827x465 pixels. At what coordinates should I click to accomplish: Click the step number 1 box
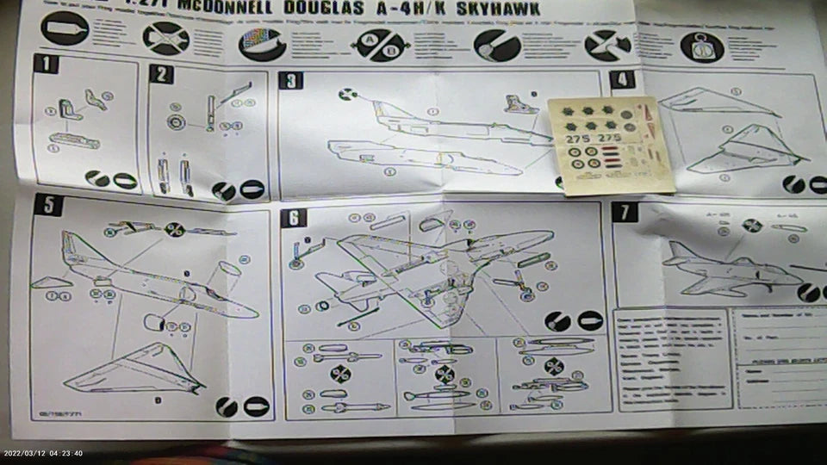46,65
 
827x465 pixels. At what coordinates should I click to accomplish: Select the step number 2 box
161,73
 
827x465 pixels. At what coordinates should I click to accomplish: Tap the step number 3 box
292,81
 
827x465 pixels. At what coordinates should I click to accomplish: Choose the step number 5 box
48,205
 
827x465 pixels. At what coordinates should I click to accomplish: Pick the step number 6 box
294,218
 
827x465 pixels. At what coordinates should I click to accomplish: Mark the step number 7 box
625,212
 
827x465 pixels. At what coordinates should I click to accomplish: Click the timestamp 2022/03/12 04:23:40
43,453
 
